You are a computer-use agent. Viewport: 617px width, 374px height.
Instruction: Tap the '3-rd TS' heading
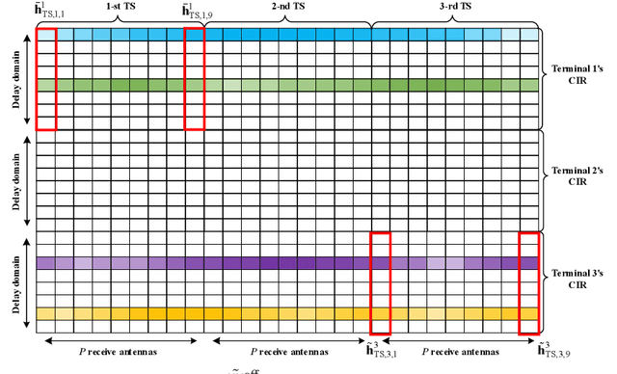point(457,6)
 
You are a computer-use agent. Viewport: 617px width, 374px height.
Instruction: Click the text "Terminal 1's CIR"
point(576,77)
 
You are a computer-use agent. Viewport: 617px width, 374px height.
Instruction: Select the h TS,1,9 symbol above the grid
point(197,12)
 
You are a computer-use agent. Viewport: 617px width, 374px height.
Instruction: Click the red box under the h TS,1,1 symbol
point(46,78)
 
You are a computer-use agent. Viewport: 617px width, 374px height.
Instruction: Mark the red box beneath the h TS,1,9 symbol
point(195,78)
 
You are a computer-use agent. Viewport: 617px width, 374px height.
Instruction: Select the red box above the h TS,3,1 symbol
point(381,282)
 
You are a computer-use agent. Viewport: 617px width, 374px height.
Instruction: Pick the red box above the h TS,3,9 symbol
point(529,282)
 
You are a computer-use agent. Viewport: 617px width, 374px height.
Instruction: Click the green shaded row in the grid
point(289,85)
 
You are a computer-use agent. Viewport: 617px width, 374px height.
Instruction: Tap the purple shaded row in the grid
point(289,262)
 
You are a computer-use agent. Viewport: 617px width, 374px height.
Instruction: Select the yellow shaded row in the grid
point(289,313)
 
